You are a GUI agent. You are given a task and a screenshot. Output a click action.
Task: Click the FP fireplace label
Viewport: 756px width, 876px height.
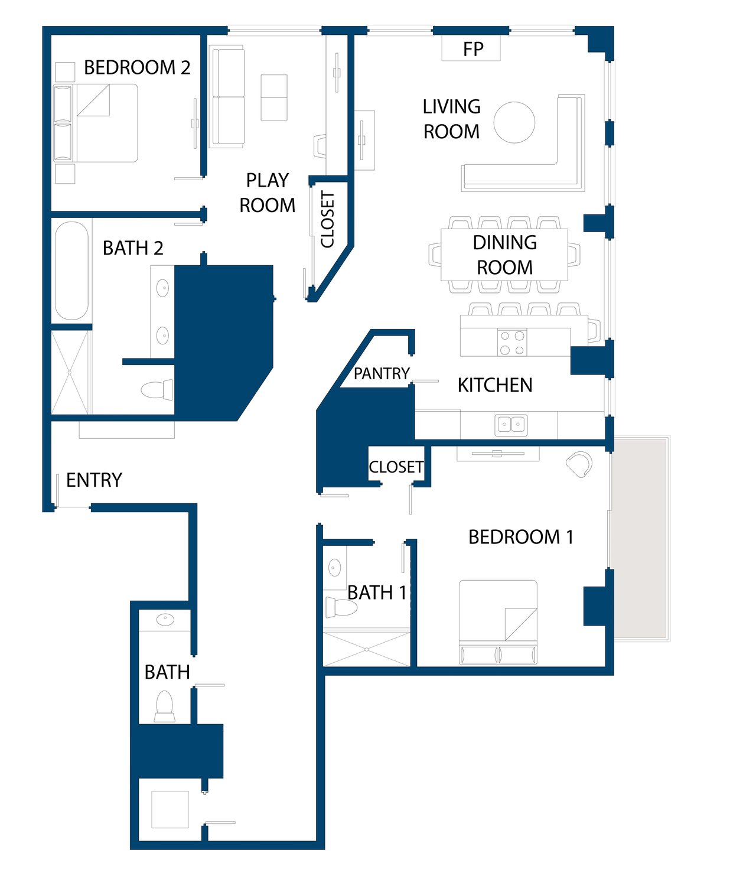point(473,49)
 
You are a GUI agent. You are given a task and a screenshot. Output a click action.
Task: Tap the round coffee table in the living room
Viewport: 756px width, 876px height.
point(514,122)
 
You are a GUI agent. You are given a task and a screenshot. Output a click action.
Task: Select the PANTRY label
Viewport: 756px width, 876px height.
point(382,373)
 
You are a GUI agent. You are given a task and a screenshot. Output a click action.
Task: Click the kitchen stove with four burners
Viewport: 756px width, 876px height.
point(512,343)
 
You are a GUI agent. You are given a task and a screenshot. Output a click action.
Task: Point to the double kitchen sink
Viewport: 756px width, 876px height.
point(511,425)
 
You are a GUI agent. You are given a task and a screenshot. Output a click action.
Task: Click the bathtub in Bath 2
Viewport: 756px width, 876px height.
point(71,271)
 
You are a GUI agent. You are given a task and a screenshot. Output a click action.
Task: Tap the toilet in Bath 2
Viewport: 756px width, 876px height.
point(157,390)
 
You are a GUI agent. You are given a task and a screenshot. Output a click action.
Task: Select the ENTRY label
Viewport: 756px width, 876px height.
point(94,480)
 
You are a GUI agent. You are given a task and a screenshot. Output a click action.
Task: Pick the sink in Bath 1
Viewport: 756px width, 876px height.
point(335,567)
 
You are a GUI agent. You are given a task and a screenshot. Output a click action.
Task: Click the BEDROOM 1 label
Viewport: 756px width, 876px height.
point(521,537)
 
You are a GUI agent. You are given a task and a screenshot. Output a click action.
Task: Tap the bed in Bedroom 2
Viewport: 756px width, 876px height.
point(95,123)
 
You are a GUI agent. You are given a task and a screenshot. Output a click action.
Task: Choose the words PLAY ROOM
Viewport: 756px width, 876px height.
point(268,193)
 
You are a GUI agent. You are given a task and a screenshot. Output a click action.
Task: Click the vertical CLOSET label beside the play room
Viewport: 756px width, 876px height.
point(328,220)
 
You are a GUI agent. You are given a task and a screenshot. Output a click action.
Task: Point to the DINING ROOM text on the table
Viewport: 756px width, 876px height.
point(505,255)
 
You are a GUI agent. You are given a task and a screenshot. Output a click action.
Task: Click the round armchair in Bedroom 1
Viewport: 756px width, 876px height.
point(580,464)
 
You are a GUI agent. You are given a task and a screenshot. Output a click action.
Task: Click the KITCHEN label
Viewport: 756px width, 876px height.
point(495,385)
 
